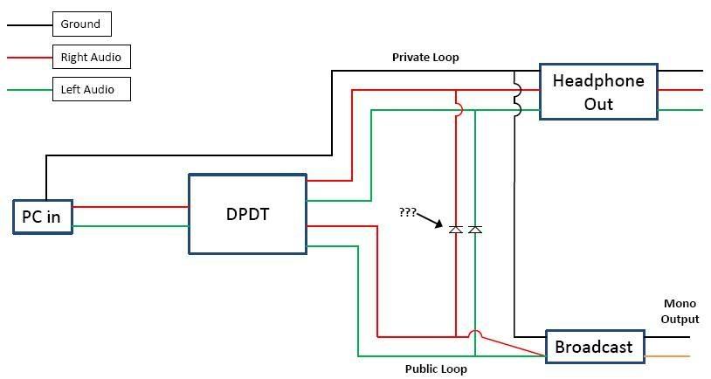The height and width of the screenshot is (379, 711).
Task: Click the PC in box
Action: pyautogui.click(x=42, y=217)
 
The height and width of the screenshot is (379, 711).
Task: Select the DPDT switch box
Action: pyautogui.click(x=247, y=214)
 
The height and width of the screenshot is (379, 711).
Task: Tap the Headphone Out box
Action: pyautogui.click(x=598, y=92)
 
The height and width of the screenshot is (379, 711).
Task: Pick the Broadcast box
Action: pyautogui.click(x=593, y=347)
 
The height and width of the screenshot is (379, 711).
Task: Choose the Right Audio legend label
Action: pyautogui.click(x=91, y=58)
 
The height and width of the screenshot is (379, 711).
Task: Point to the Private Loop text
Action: pyautogui.click(x=425, y=58)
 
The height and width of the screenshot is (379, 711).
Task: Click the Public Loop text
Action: pyautogui.click(x=436, y=369)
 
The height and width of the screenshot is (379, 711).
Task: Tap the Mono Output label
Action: pyautogui.click(x=680, y=311)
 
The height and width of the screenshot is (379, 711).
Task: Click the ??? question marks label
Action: pyautogui.click(x=407, y=212)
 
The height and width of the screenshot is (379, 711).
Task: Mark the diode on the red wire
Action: pyautogui.click(x=455, y=230)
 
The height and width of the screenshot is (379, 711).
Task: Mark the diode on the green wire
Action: pyautogui.click(x=475, y=230)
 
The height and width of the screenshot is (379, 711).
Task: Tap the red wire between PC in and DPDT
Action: pyautogui.click(x=131, y=207)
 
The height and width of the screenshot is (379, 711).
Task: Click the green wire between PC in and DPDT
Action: pyautogui.click(x=131, y=226)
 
